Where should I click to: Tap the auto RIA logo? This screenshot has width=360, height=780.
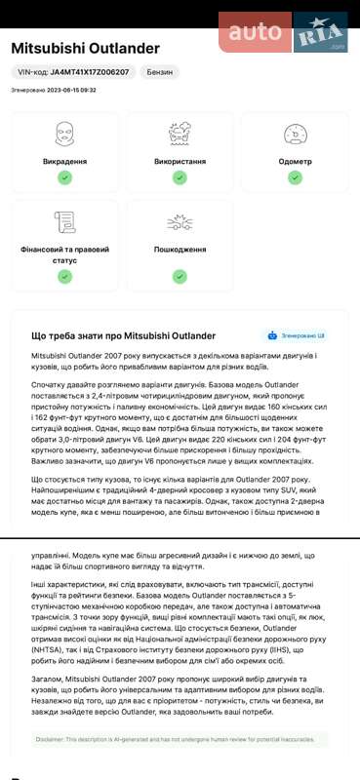click(x=284, y=31)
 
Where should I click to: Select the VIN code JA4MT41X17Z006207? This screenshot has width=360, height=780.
click(x=73, y=72)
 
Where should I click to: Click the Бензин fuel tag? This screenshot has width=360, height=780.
click(x=160, y=72)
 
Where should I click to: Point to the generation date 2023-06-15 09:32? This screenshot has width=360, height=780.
click(x=54, y=90)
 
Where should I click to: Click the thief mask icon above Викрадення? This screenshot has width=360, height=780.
click(x=64, y=132)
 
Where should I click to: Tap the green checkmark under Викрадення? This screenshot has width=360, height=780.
click(x=64, y=177)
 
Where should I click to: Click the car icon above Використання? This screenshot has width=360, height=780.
click(x=180, y=132)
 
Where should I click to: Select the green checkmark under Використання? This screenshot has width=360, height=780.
click(x=180, y=177)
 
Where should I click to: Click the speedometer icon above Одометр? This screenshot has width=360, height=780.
click(x=295, y=132)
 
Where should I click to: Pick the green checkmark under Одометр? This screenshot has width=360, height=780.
click(x=295, y=177)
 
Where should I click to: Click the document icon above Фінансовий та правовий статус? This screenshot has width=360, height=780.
click(x=64, y=221)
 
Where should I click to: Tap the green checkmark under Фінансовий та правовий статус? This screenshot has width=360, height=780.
click(x=64, y=276)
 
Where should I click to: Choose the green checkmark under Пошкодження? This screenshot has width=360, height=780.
click(x=180, y=276)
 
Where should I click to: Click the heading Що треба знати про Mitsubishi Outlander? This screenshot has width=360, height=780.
click(x=124, y=335)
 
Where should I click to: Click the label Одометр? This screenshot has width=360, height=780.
click(x=295, y=161)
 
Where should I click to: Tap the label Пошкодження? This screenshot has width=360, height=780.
click(x=180, y=250)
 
